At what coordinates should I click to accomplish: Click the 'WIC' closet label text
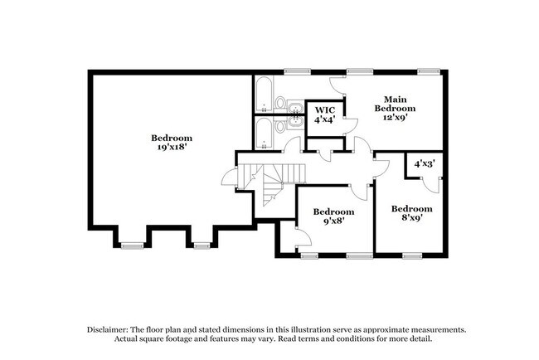[323, 109]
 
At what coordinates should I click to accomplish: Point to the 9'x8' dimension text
[328, 221]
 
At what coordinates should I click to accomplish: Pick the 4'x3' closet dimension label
[425, 163]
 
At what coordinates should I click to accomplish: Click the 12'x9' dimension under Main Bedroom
[394, 118]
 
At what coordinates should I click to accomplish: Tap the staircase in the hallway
[271, 184]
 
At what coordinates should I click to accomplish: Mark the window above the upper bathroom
[293, 71]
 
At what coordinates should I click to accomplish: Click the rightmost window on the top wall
[428, 71]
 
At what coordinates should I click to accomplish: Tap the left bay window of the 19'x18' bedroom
[133, 245]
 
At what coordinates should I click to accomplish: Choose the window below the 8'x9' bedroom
[411, 255]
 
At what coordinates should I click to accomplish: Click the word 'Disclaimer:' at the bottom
[112, 328]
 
